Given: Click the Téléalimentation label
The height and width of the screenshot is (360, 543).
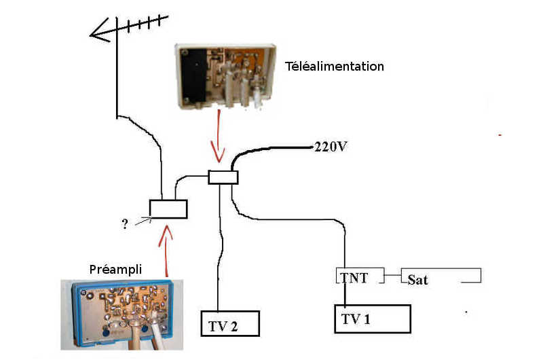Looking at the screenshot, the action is point(335,66).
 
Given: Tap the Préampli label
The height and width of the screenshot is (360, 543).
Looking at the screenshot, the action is point(115,269).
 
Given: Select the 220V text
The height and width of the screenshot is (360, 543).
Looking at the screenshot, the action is point(331,147).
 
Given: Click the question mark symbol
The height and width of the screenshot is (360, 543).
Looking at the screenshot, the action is point(125,224).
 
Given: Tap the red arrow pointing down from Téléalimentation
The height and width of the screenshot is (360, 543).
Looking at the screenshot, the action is point(219,136).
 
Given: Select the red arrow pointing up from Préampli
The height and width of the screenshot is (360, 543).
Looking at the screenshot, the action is point(166,251).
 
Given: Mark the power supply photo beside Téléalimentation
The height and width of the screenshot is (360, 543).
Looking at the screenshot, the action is point(225,76).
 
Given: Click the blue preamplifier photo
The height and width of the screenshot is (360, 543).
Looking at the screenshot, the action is point(122,314).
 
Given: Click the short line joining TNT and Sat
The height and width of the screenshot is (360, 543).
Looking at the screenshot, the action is point(393,276).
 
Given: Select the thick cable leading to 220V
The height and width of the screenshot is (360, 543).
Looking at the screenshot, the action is point(263,149).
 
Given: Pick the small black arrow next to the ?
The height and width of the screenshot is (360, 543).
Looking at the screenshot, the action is point(143,221).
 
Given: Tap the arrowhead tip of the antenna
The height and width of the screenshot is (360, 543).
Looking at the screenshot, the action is point(90,35).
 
